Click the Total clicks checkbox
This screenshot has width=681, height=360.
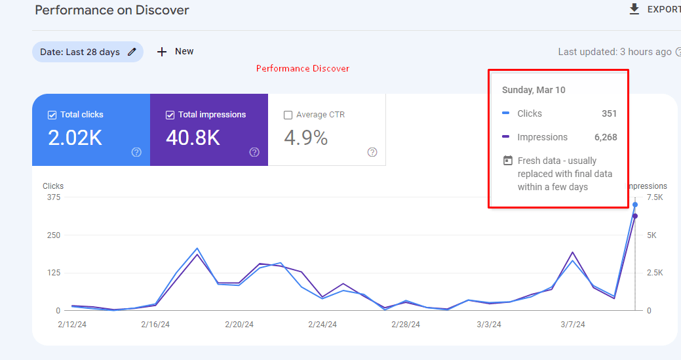[52, 115]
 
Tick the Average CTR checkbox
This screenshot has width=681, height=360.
[288, 115]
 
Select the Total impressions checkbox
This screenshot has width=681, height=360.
[170, 115]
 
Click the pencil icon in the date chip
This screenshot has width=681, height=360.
[132, 52]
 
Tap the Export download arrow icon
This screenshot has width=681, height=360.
[634, 9]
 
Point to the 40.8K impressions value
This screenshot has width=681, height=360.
[193, 138]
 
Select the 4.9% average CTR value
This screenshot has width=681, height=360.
[305, 138]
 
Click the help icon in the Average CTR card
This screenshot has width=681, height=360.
[372, 152]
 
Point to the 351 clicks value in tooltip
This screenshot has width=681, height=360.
[609, 113]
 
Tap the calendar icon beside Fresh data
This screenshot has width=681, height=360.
[507, 161]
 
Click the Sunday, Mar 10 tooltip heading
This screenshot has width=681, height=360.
[534, 90]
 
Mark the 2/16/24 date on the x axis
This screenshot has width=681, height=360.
[156, 324]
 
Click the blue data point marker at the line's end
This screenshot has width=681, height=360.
[635, 205]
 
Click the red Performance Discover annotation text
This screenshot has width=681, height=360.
[302, 69]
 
